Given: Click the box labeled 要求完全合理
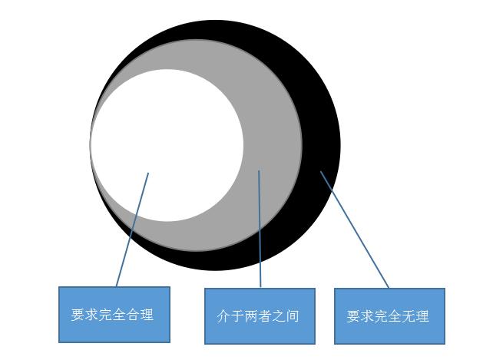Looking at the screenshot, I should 114,314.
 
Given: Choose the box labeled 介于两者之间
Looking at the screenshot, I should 260,315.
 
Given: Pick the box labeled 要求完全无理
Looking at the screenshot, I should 389,315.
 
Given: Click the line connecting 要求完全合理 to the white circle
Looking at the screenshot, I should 132,230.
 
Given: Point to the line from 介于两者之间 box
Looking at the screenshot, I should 260,230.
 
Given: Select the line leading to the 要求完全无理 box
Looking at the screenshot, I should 355,230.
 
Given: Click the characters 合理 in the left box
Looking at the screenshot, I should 141,314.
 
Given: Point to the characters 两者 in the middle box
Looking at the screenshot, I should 260,315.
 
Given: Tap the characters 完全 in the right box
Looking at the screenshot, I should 389,315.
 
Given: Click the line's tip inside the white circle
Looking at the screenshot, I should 148,173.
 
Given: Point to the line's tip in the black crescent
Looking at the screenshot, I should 321,172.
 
